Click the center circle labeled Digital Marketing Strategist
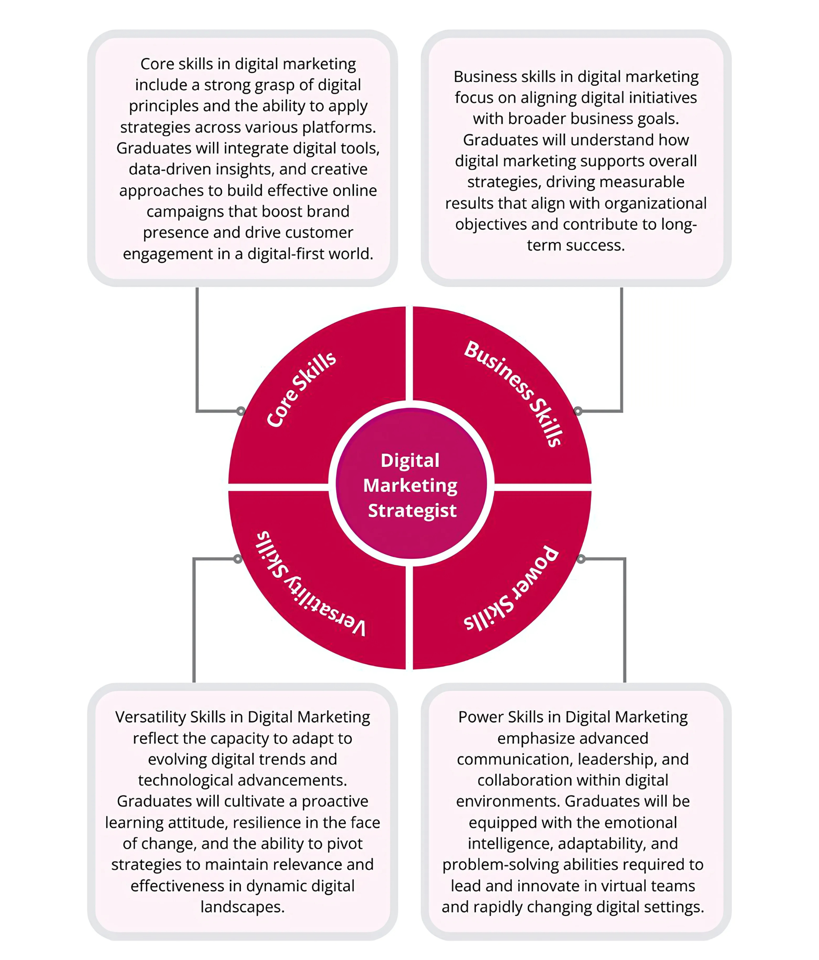(x=411, y=485)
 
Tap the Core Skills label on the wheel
(x=301, y=389)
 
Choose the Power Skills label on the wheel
(x=513, y=588)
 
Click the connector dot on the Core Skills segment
(x=241, y=411)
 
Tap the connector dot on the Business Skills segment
(x=578, y=411)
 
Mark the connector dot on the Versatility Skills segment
(x=238, y=559)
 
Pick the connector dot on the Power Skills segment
(x=581, y=559)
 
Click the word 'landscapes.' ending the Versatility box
(x=243, y=907)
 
